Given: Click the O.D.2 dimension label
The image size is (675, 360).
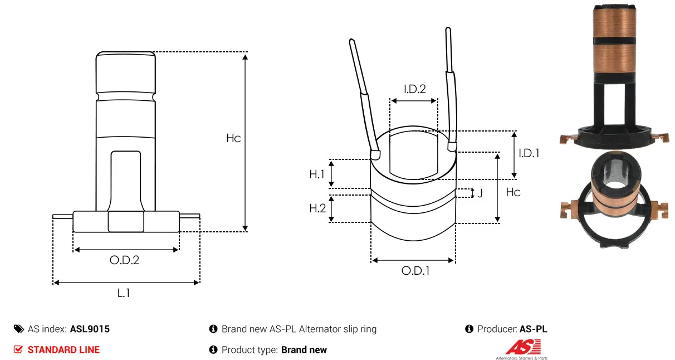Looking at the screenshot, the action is pyautogui.click(x=124, y=260).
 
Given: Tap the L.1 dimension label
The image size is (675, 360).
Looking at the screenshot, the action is pyautogui.click(x=124, y=293).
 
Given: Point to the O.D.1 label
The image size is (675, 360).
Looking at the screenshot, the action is pyautogui.click(x=415, y=271).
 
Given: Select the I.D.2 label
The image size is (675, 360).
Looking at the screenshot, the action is pyautogui.click(x=415, y=89).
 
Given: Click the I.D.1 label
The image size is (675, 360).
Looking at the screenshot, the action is pyautogui.click(x=529, y=153).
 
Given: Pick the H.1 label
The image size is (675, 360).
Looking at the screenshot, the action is pyautogui.click(x=317, y=174).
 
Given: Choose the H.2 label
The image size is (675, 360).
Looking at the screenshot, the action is pyautogui.click(x=317, y=208).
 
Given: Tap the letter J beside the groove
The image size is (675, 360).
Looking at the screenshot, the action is pyautogui.click(x=480, y=193).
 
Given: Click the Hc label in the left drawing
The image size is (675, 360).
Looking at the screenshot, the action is pyautogui.click(x=233, y=138).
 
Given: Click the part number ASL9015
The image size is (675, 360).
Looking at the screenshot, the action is pyautogui.click(x=90, y=329).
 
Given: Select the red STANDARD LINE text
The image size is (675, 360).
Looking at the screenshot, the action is pyautogui.click(x=63, y=350).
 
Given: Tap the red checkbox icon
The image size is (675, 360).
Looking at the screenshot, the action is pyautogui.click(x=18, y=349).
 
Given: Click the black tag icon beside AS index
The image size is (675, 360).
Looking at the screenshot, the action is pyautogui.click(x=19, y=329).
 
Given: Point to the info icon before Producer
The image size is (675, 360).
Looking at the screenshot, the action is pyautogui.click(x=469, y=329).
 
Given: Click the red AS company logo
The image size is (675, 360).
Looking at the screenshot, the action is pyautogui.click(x=523, y=347).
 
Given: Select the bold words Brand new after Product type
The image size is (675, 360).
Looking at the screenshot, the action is pyautogui.click(x=304, y=350).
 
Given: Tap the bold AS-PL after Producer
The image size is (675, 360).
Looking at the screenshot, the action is pyautogui.click(x=534, y=329).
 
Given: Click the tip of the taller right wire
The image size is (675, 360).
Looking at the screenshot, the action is pyautogui.click(x=448, y=28).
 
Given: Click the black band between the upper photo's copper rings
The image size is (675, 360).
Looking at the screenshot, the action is pyautogui.click(x=615, y=41).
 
